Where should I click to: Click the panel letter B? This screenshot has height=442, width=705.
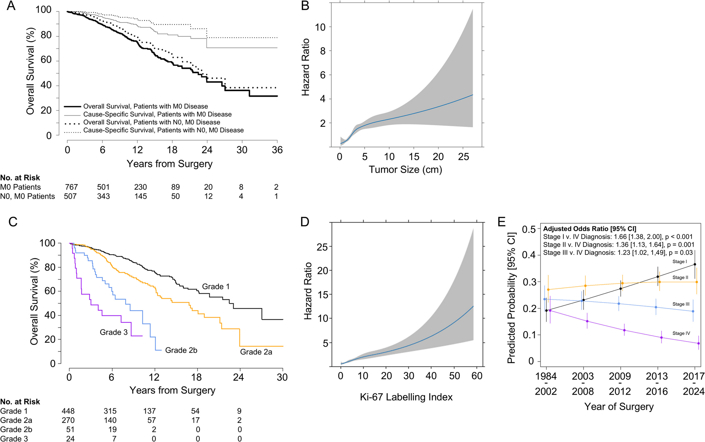pos(305,6)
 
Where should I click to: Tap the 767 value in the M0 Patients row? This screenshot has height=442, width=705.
pos(71,187)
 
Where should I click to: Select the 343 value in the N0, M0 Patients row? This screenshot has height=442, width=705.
pos(103,197)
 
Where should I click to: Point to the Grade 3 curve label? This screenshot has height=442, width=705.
pos(113,332)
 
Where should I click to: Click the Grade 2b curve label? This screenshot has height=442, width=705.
pos(181,350)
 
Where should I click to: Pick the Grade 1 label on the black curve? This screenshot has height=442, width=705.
pos(216,287)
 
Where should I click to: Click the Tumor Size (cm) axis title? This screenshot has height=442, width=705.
pos(405,170)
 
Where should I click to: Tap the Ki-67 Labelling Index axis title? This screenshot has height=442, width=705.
pos(406,397)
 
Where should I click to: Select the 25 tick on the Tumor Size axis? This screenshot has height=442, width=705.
pos(464,157)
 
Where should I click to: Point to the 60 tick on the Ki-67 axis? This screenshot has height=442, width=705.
pos(477,376)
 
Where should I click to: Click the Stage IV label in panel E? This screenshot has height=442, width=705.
pos(681,333)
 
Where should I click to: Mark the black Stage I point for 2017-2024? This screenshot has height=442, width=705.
pos(695,265)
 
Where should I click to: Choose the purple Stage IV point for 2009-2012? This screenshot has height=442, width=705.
pos(624,330)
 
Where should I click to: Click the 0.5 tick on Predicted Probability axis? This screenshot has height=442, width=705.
pos(529,229)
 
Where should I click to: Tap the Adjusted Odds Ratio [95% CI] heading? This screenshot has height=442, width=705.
pos(589,229)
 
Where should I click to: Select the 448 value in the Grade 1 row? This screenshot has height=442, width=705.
pos(68,411)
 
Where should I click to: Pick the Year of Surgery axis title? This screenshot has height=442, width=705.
pos(619,407)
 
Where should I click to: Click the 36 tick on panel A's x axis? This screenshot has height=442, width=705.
pos(277,150)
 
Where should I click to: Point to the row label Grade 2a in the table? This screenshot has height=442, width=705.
pos(16,421)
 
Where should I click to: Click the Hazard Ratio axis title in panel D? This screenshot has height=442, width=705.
pos(308,291)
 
